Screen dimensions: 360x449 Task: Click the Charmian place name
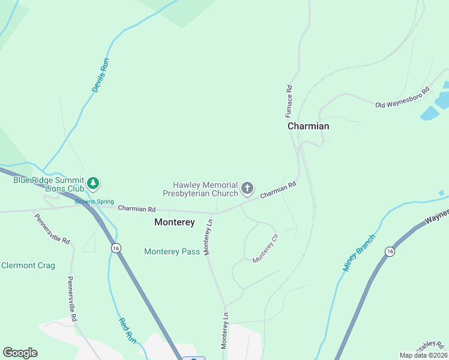(x=308, y=126)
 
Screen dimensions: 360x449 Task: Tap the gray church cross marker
(x=247, y=189)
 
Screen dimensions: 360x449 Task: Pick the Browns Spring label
(x=94, y=202)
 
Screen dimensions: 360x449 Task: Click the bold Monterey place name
(x=175, y=222)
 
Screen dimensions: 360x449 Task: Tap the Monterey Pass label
(x=172, y=251)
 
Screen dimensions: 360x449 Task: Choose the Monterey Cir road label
(x=265, y=248)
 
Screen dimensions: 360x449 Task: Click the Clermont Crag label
(x=28, y=265)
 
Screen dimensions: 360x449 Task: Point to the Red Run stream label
(x=127, y=331)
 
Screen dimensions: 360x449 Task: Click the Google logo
(x=20, y=353)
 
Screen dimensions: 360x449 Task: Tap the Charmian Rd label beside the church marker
(x=279, y=190)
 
